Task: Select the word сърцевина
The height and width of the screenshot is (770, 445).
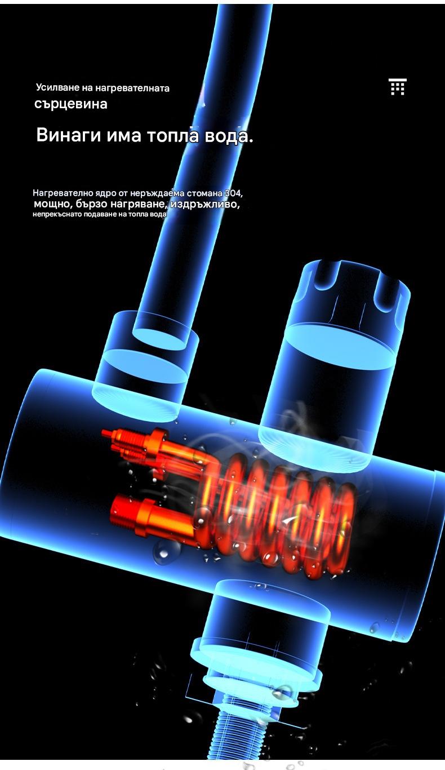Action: pyautogui.click(x=71, y=104)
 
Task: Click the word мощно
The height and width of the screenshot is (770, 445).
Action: pyautogui.click(x=52, y=204)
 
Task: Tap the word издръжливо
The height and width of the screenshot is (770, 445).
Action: pyautogui.click(x=205, y=204)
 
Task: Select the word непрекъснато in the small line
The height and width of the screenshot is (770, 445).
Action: pyautogui.click(x=57, y=215)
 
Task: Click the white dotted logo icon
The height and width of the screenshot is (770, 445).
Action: pyautogui.click(x=398, y=87)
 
